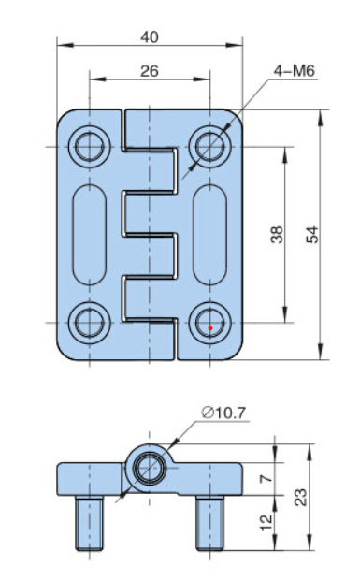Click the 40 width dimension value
150,37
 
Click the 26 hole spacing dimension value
150,71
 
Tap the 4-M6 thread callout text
295,71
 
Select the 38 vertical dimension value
277,235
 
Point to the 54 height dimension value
312,235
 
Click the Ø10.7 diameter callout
224,413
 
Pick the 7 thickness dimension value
266,479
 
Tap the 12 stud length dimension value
266,522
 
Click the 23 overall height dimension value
301,497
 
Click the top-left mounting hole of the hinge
90,147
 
